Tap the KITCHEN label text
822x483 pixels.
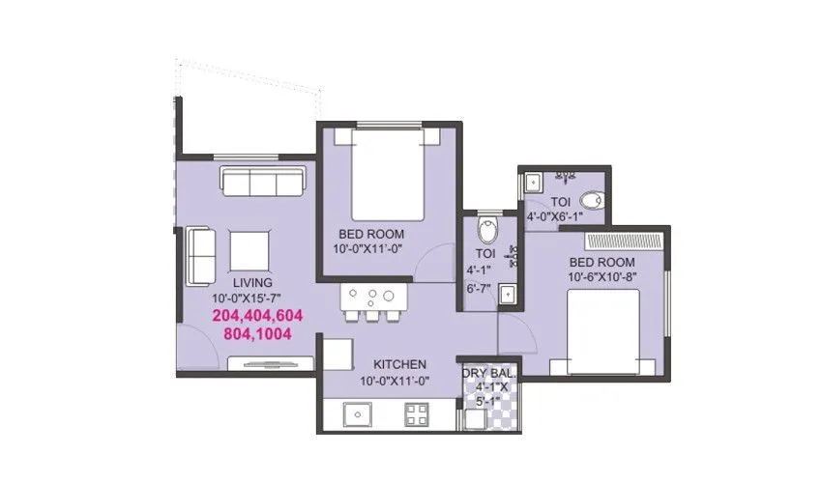pyautogui.click(x=400, y=364)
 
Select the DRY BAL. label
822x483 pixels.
pyautogui.click(x=489, y=373)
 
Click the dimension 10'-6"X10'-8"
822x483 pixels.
pyautogui.click(x=602, y=278)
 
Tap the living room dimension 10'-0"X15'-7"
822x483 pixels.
pyautogui.click(x=247, y=298)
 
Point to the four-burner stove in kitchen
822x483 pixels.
pyautogui.click(x=417, y=416)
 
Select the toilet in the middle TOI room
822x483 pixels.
pyautogui.click(x=487, y=232)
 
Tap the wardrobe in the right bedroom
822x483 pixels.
pyautogui.click(x=624, y=241)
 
